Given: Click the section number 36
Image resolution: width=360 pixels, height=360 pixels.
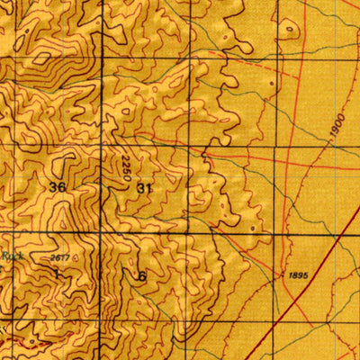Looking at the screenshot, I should pyautogui.click(x=58, y=187).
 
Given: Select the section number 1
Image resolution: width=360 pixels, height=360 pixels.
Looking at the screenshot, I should pyautogui.click(x=57, y=270).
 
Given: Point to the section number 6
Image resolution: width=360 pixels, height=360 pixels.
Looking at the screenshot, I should pyautogui.click(x=141, y=276).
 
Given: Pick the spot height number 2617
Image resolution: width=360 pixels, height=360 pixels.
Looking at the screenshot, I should pyautogui.click(x=60, y=258).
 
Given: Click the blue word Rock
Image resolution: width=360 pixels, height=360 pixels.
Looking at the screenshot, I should pyautogui.click(x=11, y=256).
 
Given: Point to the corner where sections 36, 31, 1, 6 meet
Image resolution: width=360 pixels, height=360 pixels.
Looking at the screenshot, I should pyautogui.click(x=101, y=234).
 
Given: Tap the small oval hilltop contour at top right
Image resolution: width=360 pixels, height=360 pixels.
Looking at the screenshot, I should pyautogui.click(x=290, y=30).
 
